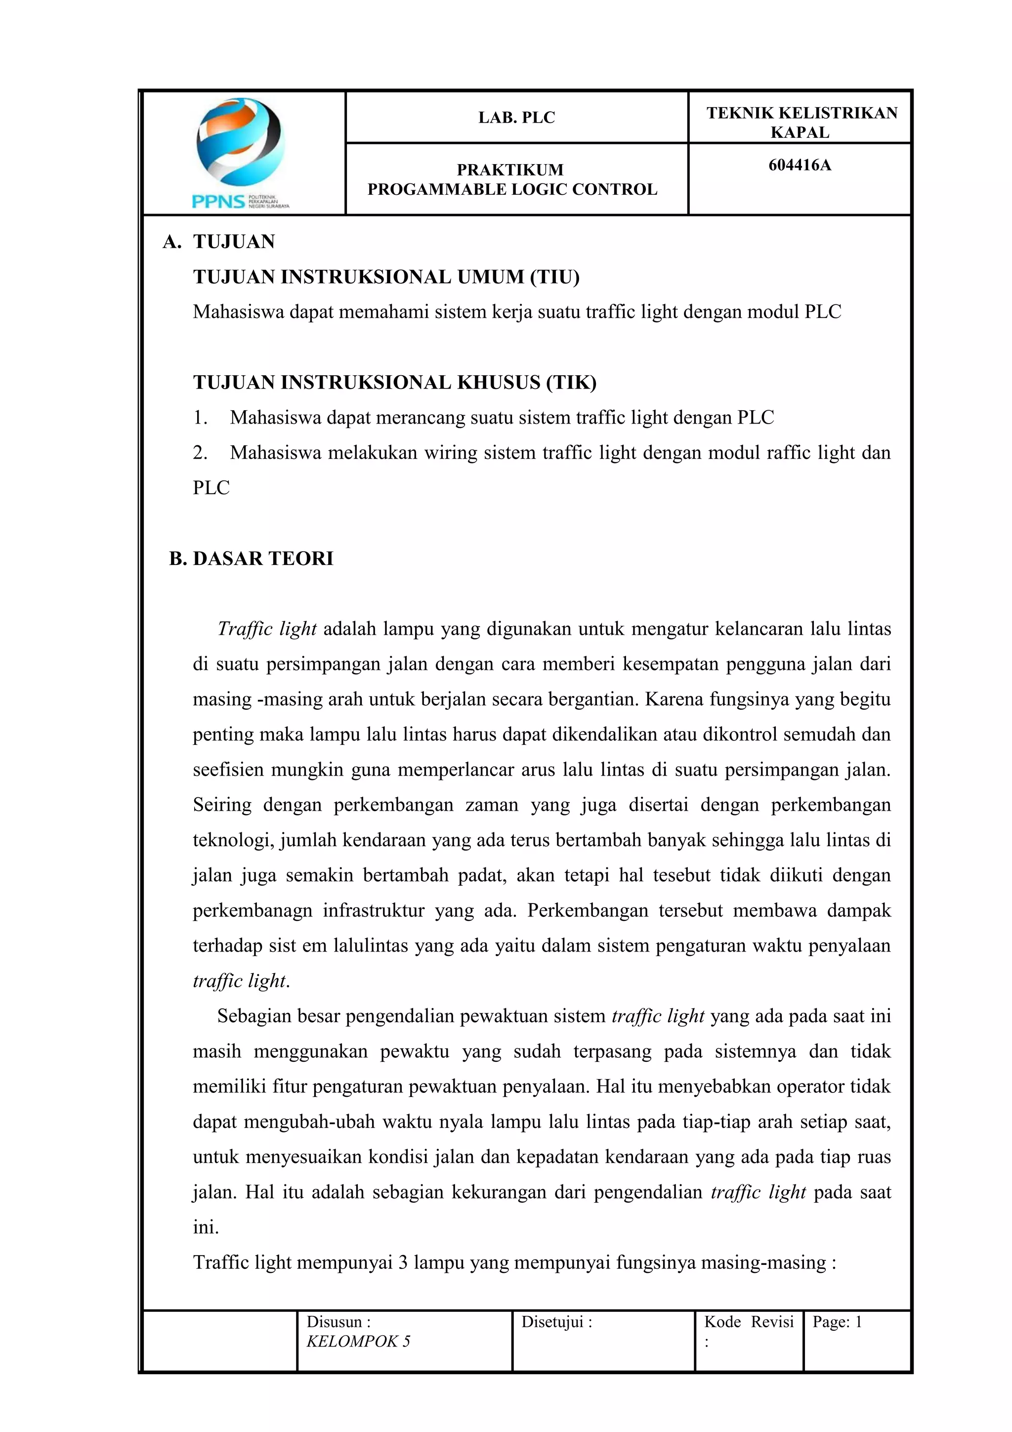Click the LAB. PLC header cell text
point(516,118)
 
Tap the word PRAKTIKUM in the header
point(510,170)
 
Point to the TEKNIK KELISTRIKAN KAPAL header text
point(801,122)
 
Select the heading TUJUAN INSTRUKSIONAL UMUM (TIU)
point(386,277)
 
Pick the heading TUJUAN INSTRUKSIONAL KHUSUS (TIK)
point(394,382)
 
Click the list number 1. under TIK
point(200,418)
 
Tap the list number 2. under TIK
point(200,453)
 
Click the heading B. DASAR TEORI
point(252,558)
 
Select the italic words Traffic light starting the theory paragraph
point(267,629)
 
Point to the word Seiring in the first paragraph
point(222,805)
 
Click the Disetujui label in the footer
point(556,1322)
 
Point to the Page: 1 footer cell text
point(837,1322)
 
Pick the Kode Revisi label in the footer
point(748,1322)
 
